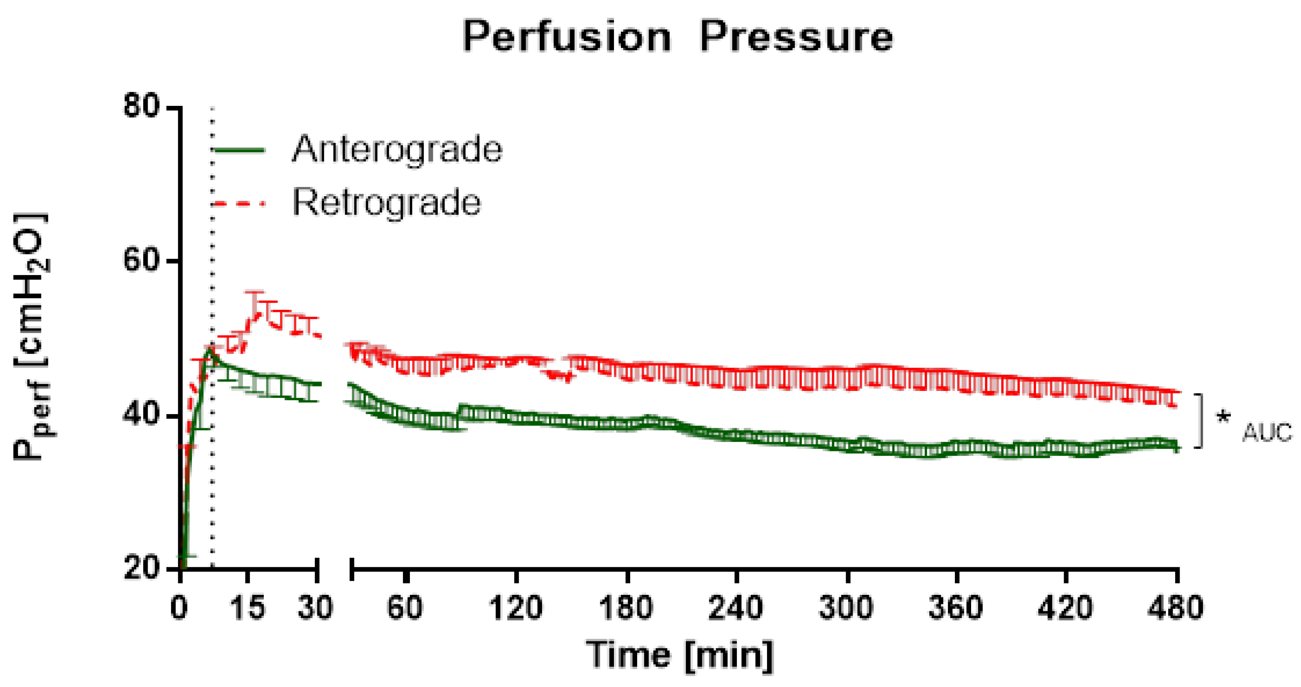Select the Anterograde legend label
[397, 149]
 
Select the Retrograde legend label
[386, 203]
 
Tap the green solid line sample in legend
[239, 149]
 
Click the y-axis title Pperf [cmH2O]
[31, 336]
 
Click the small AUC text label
[1266, 433]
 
